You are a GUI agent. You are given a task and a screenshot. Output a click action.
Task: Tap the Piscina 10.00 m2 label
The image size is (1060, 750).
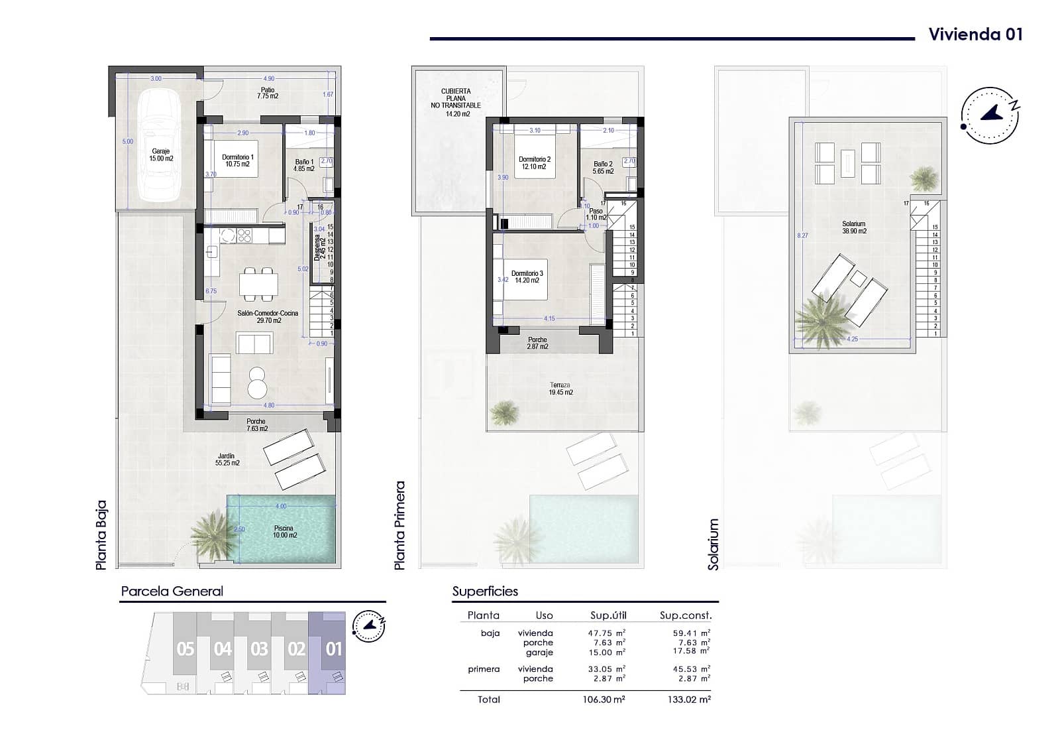pos(284,532)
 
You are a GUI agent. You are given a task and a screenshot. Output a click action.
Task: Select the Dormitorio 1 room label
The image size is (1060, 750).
pos(238,160)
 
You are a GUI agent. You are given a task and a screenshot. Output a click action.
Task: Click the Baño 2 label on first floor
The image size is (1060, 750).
pos(604,167)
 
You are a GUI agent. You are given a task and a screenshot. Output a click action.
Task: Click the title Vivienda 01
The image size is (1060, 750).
pos(975,34)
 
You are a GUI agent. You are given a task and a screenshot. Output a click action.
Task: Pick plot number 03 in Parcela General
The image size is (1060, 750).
pos(259,649)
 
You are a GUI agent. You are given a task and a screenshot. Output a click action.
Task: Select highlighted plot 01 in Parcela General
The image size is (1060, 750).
pos(333,649)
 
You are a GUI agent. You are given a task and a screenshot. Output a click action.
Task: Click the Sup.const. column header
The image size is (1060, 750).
pos(685,615)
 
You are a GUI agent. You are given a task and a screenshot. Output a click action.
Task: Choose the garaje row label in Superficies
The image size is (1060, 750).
pos(539,653)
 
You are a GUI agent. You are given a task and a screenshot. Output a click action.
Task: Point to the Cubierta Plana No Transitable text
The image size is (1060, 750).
pos(456,101)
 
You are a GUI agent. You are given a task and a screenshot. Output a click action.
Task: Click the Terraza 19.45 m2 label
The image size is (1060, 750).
pos(560,389)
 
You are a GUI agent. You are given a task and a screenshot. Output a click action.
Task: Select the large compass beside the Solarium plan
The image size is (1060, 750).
pos(990,115)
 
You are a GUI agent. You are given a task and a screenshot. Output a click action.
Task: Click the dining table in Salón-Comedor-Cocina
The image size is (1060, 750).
pos(258,284)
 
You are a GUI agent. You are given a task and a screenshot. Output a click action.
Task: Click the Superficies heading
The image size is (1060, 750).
pos(485,592)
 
